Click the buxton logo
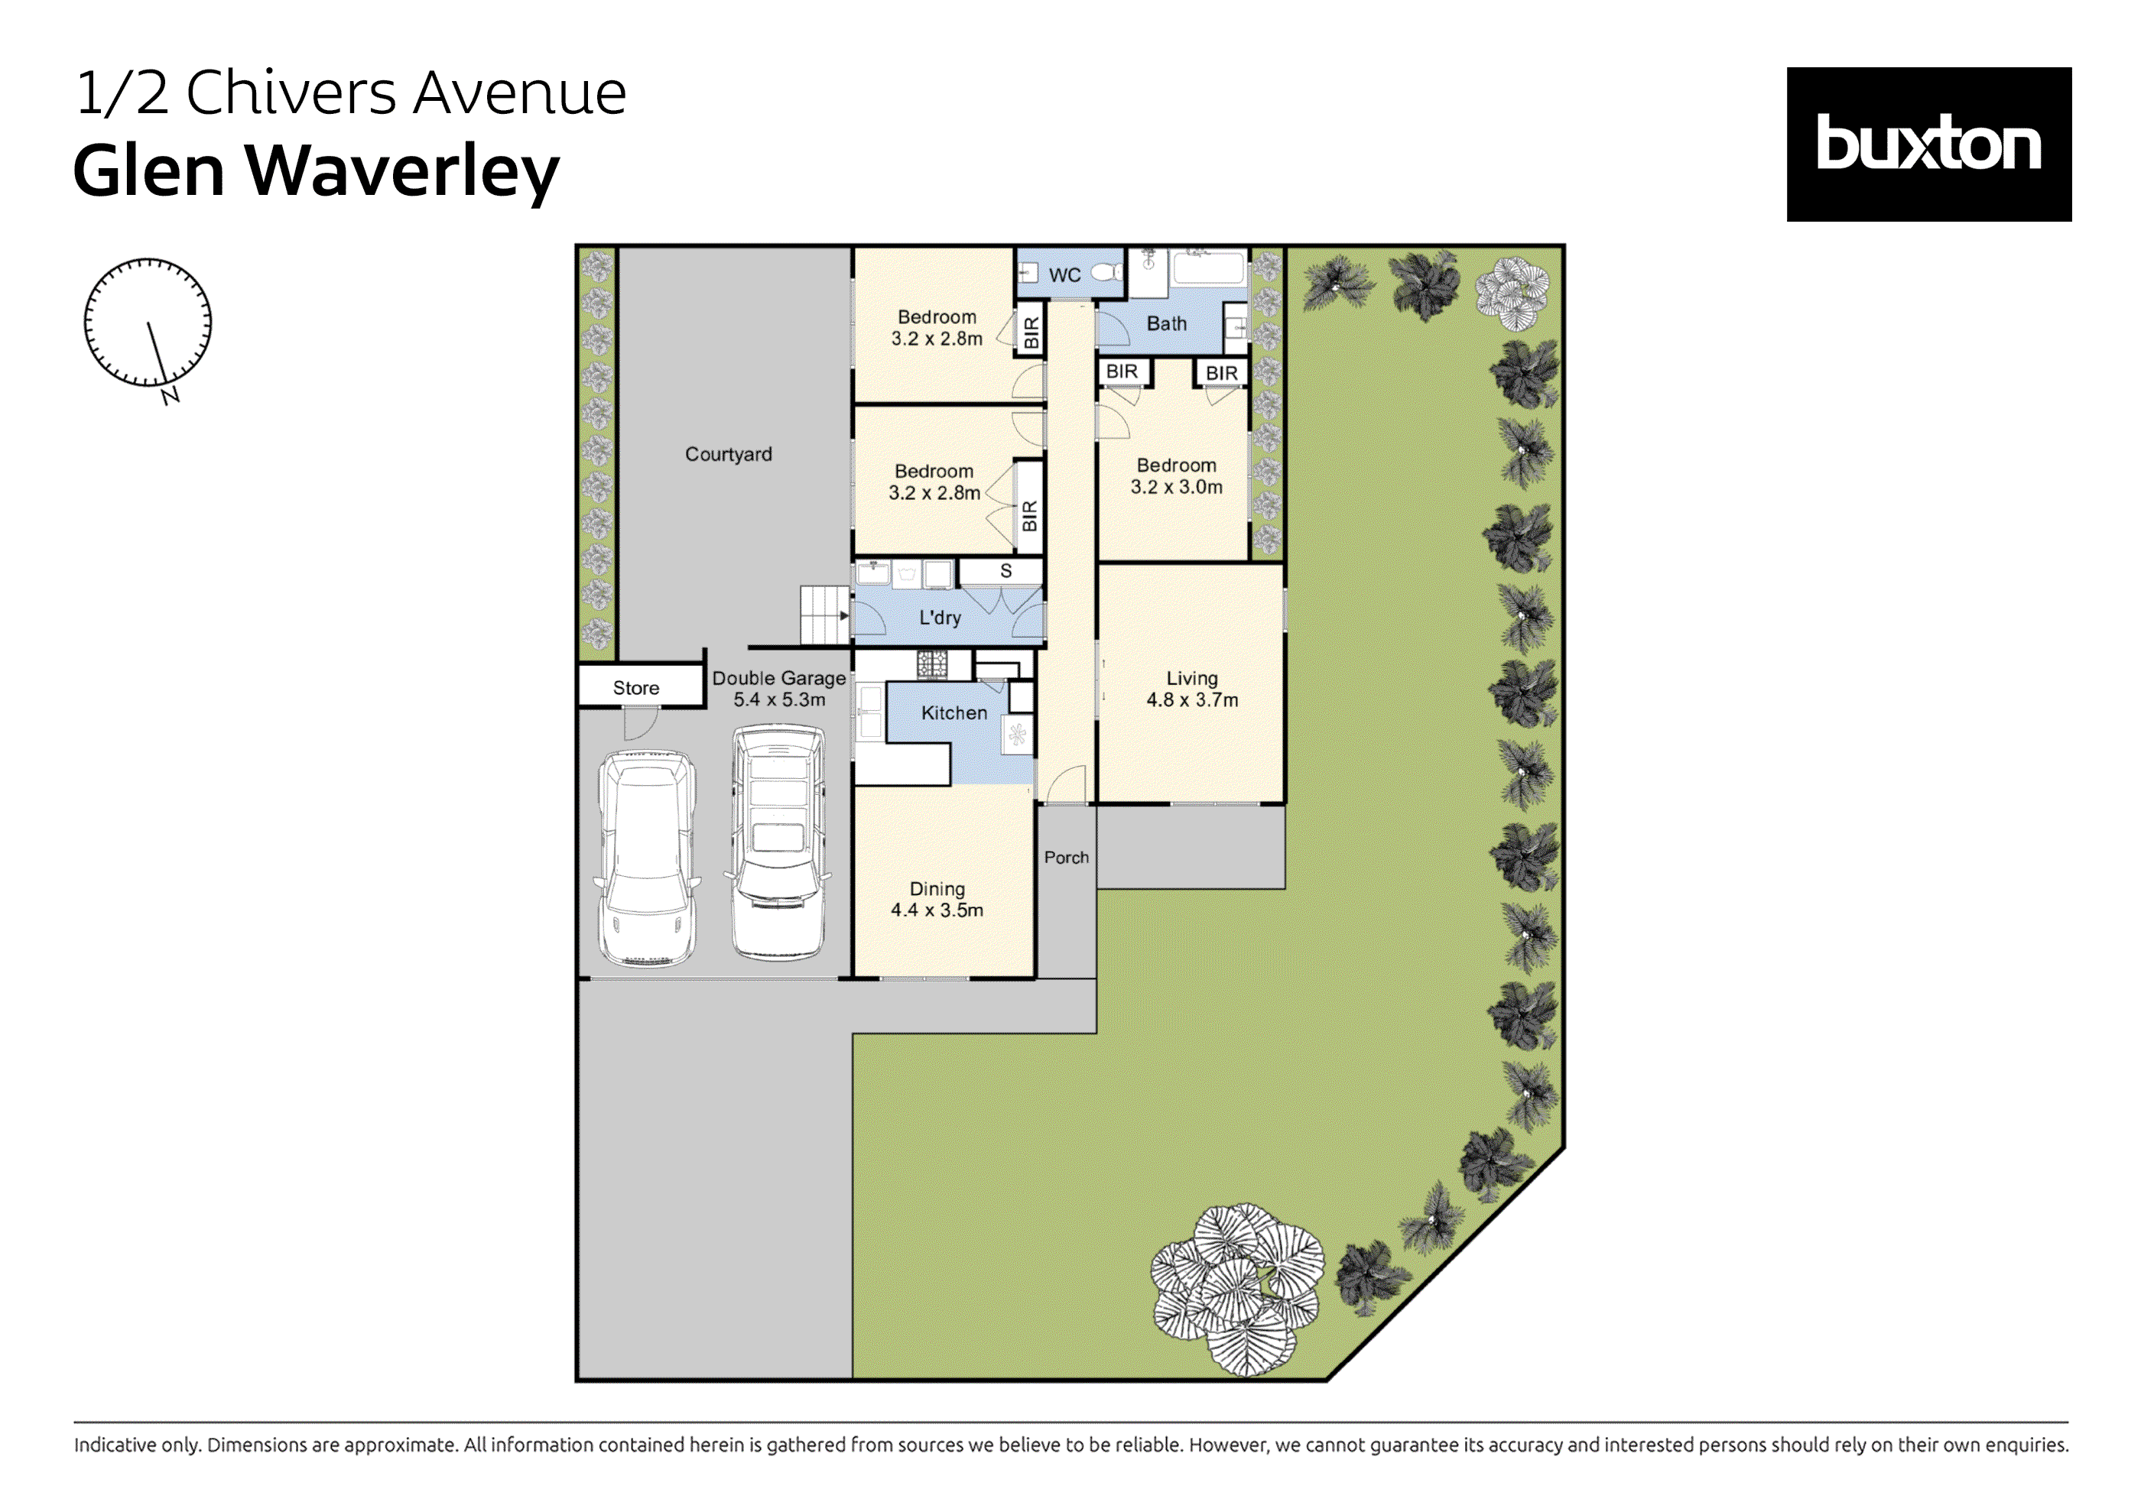pos(1928,144)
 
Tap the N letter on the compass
pos(170,397)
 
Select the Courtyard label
pos(728,454)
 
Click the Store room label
pos(636,688)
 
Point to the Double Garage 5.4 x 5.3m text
pos(778,689)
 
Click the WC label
pos(1064,275)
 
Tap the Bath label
pos(1167,323)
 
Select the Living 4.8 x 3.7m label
pos(1192,689)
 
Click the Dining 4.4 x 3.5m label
pos(937,900)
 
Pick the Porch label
pos(1066,858)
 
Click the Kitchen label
pos(954,713)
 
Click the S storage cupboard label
pos(1006,570)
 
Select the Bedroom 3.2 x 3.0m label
pos(1176,475)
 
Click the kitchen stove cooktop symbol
pos(931,664)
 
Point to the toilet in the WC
pos(1108,273)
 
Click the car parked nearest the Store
pos(647,858)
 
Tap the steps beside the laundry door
pos(824,615)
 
